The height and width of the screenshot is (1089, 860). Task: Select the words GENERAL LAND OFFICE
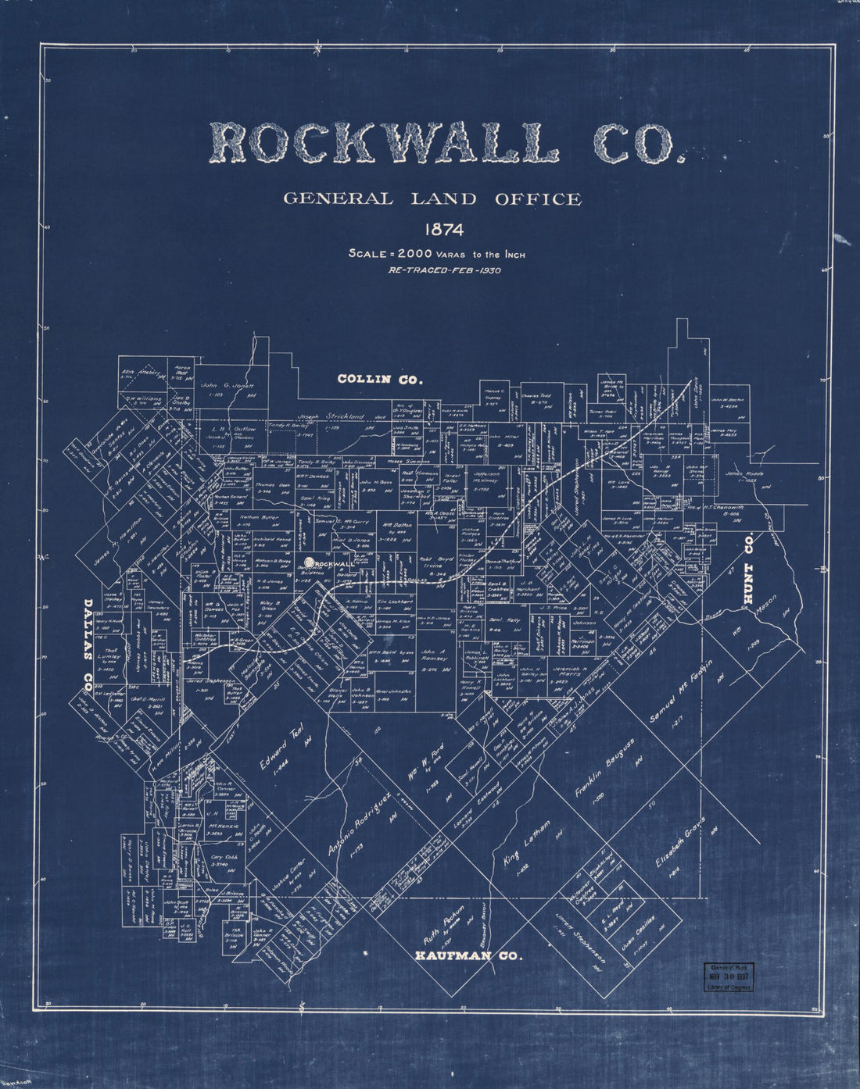[x=432, y=199]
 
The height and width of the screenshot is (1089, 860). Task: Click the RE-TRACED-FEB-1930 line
[x=444, y=271]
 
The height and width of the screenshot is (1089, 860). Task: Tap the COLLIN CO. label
[x=380, y=380]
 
